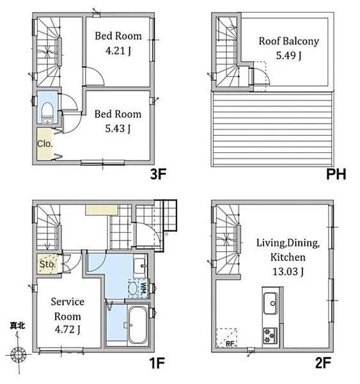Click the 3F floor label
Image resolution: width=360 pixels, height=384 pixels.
click(158, 174)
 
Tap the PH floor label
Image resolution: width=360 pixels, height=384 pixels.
click(336, 174)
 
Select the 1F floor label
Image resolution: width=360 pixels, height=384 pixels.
click(157, 363)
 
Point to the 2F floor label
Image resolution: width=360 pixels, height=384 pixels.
click(323, 363)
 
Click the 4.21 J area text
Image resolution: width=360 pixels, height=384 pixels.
click(118, 51)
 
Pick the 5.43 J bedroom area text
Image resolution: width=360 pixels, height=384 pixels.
click(118, 129)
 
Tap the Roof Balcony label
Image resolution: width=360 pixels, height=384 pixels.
click(289, 41)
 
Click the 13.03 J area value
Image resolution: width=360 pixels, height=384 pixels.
click(288, 271)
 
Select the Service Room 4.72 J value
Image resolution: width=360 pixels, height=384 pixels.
click(67, 330)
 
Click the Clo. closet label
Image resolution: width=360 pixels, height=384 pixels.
click(45, 144)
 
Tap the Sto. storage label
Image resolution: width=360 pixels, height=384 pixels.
click(47, 264)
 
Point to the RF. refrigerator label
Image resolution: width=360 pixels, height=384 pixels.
click(230, 344)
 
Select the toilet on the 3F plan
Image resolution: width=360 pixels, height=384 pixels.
click(47, 113)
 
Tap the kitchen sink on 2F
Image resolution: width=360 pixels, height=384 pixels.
click(270, 303)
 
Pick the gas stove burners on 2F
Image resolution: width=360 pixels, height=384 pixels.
click(270, 336)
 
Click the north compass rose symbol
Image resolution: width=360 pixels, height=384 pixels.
click(19, 354)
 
